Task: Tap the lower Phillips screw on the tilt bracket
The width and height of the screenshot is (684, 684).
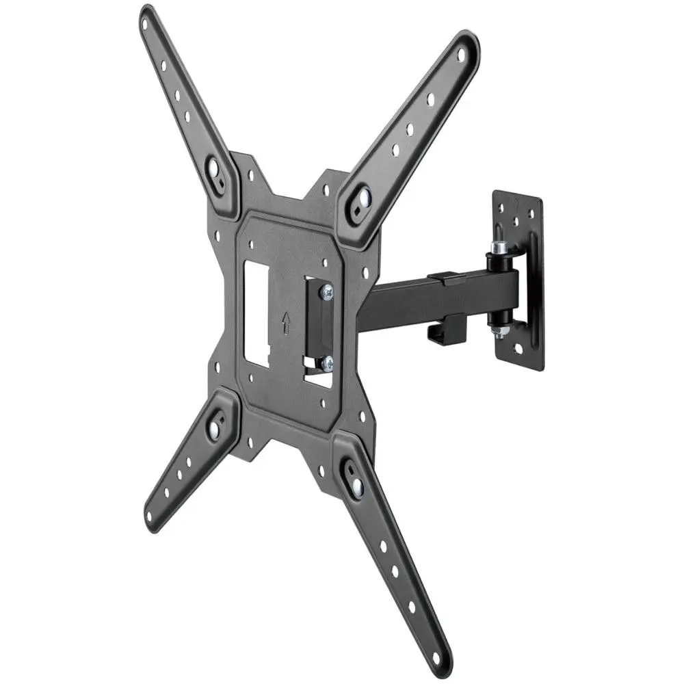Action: (327, 363)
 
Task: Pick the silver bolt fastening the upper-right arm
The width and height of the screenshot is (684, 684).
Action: (360, 198)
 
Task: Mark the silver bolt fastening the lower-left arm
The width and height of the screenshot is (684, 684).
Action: (215, 428)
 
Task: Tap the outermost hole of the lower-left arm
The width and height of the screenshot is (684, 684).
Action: (150, 516)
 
